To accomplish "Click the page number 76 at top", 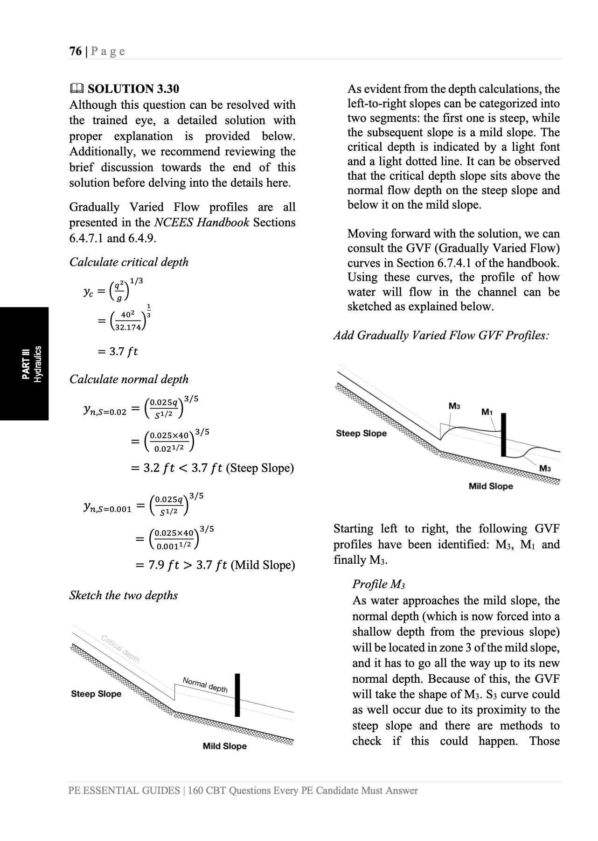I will point(75,51).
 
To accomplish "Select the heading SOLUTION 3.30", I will point(133,89).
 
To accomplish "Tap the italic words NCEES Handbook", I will point(202,223).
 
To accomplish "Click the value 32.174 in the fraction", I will point(128,327).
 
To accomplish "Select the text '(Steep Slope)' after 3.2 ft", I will point(260,468).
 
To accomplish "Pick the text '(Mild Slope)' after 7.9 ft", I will point(263,565).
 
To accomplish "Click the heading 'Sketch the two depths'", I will point(124,595).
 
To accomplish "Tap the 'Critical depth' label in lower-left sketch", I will point(120,649).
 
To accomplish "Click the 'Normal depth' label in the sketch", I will point(205,685).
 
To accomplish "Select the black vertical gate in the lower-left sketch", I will point(237,695).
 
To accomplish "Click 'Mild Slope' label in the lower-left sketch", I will point(224,746).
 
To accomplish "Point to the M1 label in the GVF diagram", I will point(487,412).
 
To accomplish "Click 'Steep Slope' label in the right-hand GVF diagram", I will point(361,434).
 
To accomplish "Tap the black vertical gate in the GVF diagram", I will point(503,435).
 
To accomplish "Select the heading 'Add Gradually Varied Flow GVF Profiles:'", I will point(441,336).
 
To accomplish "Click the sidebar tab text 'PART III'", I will point(25,364).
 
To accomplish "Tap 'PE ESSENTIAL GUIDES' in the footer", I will point(124,791).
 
